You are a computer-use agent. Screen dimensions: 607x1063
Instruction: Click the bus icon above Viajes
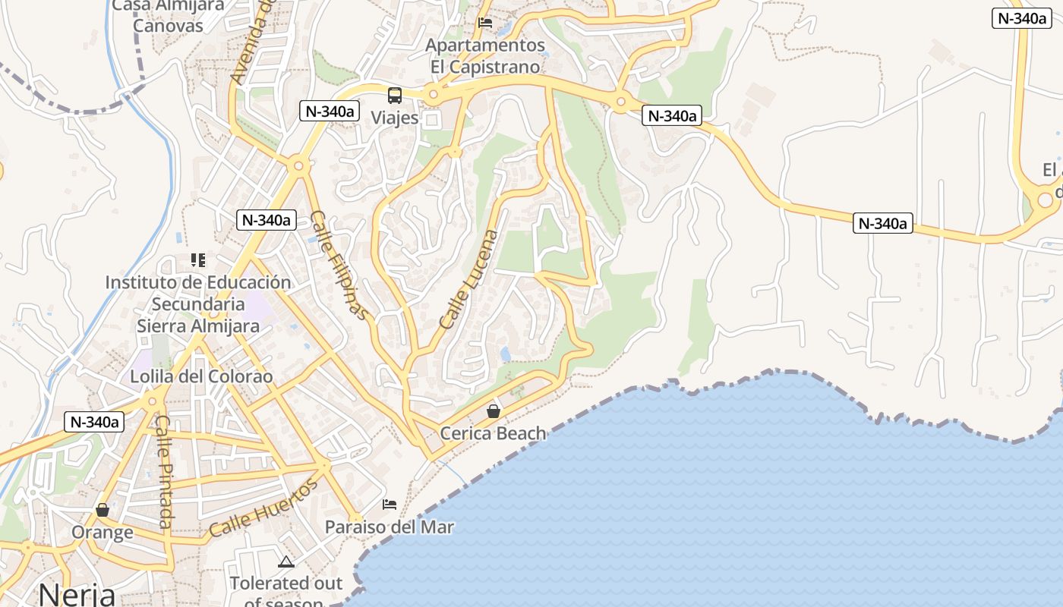[x=395, y=96]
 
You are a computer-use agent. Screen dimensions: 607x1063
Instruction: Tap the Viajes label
[x=395, y=118]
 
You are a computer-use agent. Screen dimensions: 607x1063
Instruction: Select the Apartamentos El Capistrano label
[x=485, y=56]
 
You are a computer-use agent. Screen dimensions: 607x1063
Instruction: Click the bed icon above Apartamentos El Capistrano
[x=485, y=23]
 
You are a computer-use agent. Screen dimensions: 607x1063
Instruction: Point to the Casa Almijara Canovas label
[x=169, y=15]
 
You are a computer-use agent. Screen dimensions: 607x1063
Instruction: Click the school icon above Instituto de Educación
[x=198, y=260]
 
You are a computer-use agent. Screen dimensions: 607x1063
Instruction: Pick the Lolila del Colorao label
[x=201, y=376]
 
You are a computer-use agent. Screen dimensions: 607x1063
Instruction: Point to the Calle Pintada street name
[x=165, y=471]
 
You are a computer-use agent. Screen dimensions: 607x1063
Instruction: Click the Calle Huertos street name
[x=262, y=508]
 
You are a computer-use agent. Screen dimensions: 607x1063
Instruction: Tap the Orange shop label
[x=103, y=532]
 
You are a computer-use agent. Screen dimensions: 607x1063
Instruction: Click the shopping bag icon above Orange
[x=103, y=510]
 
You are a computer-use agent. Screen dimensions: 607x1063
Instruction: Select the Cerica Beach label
[x=494, y=433]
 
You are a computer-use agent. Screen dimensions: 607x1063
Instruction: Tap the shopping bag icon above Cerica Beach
[x=494, y=411]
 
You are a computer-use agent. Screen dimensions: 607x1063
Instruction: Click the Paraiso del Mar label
[x=390, y=527]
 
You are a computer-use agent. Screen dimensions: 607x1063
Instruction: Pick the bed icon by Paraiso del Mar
[x=390, y=505]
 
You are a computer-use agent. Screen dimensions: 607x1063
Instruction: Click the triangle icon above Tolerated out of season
[x=285, y=561]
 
